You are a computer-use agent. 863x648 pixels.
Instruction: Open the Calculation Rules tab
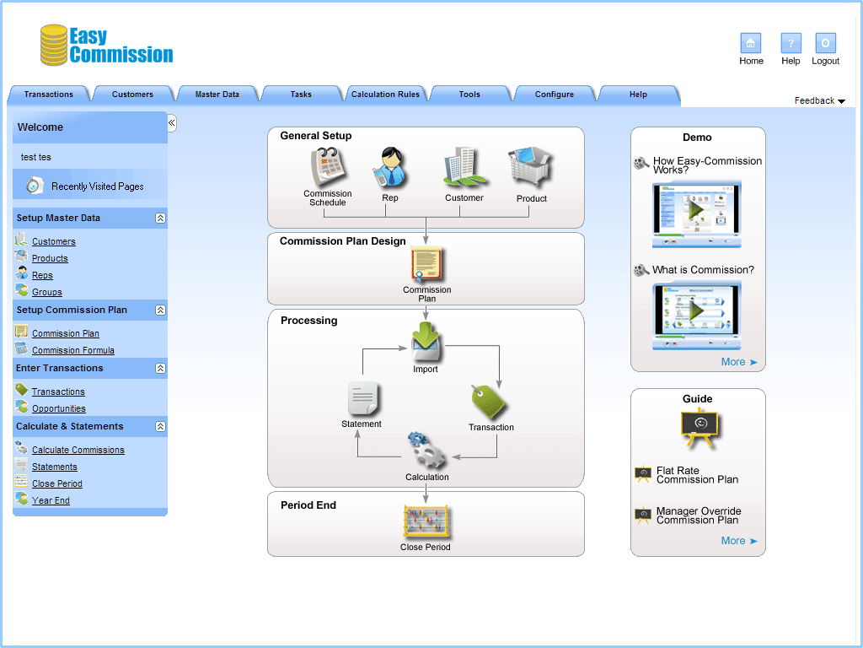tap(385, 94)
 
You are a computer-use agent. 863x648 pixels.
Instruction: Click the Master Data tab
tap(217, 94)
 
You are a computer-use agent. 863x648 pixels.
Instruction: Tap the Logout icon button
tap(825, 44)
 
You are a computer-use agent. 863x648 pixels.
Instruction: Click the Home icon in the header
tap(750, 44)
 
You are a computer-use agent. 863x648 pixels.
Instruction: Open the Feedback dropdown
tap(819, 101)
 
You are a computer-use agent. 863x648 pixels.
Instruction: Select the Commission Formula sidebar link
tap(72, 350)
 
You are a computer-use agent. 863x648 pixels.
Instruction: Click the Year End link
tap(51, 500)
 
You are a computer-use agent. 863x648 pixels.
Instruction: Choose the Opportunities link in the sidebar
tap(58, 408)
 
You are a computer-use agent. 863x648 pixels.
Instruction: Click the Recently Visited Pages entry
tap(97, 186)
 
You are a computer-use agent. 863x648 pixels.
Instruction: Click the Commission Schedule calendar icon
tap(328, 167)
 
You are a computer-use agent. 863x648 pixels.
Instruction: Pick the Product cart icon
tap(531, 170)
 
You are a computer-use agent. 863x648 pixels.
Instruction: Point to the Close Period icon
tap(426, 522)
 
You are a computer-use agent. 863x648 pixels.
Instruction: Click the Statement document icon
tap(363, 398)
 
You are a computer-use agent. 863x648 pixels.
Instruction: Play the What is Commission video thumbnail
tap(696, 312)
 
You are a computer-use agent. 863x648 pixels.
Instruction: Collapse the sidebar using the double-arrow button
tap(171, 123)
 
